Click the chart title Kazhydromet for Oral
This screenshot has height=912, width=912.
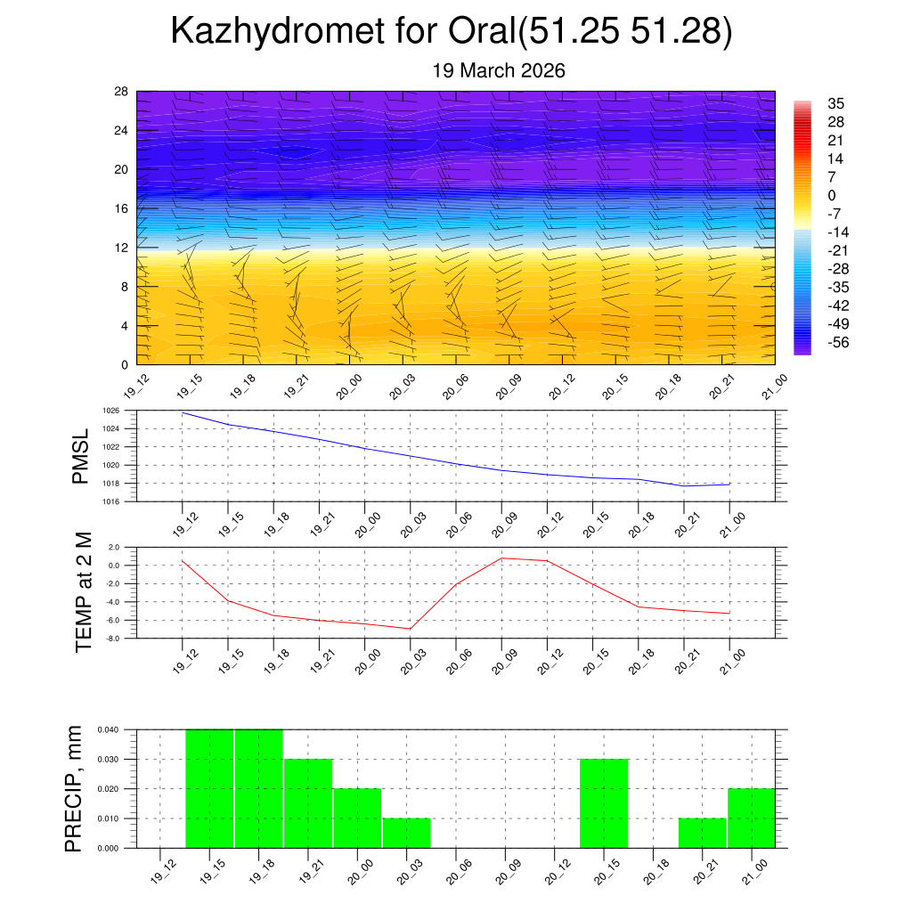click(x=452, y=31)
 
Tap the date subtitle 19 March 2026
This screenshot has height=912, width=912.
click(x=499, y=70)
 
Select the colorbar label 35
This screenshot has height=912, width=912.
click(x=835, y=103)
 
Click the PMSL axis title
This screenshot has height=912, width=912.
click(x=81, y=457)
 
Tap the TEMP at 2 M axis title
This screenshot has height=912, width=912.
click(x=84, y=591)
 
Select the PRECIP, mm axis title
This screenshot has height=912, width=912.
click(x=75, y=789)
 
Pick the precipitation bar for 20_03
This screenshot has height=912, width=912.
click(x=407, y=833)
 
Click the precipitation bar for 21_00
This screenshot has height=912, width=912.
click(x=752, y=818)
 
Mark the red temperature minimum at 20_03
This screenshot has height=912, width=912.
click(x=411, y=629)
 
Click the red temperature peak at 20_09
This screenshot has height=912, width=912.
click(x=501, y=558)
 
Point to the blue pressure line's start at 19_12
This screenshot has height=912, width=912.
click(x=183, y=412)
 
